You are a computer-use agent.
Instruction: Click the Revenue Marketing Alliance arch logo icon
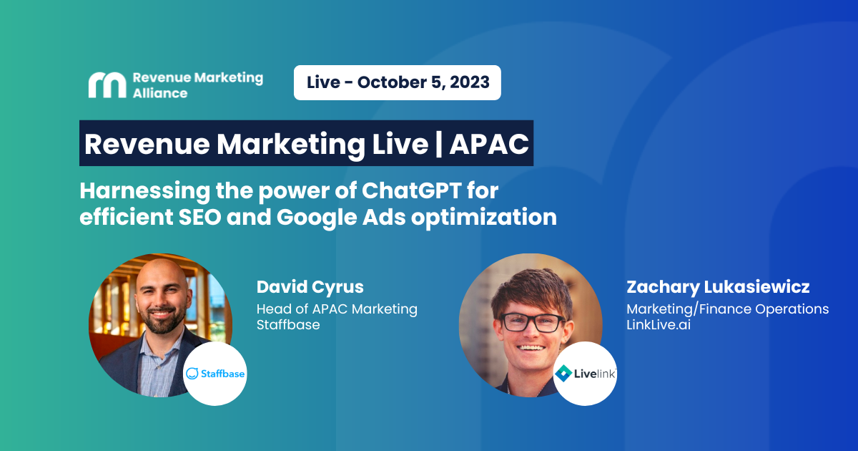pos(107,84)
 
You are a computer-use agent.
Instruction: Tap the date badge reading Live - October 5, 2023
pos(398,82)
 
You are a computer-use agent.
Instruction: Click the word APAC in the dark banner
pos(489,144)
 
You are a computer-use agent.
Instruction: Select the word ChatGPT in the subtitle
pos(411,190)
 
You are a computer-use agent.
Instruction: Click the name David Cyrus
pos(310,287)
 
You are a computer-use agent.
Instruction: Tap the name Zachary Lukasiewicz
pos(718,287)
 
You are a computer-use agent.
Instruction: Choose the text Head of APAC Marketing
pos(337,309)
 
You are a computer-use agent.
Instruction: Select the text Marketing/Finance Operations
pos(727,309)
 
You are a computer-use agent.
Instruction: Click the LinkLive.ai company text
pos(659,325)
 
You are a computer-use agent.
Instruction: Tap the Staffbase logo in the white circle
pos(215,374)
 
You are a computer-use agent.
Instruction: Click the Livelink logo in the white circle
pos(585,374)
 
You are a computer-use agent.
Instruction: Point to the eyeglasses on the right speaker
pos(533,323)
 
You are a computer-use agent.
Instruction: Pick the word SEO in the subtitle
pos(200,217)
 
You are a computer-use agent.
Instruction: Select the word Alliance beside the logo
pos(160,93)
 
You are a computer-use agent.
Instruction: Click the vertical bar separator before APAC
pos(439,144)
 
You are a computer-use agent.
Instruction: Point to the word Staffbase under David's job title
pos(288,325)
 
